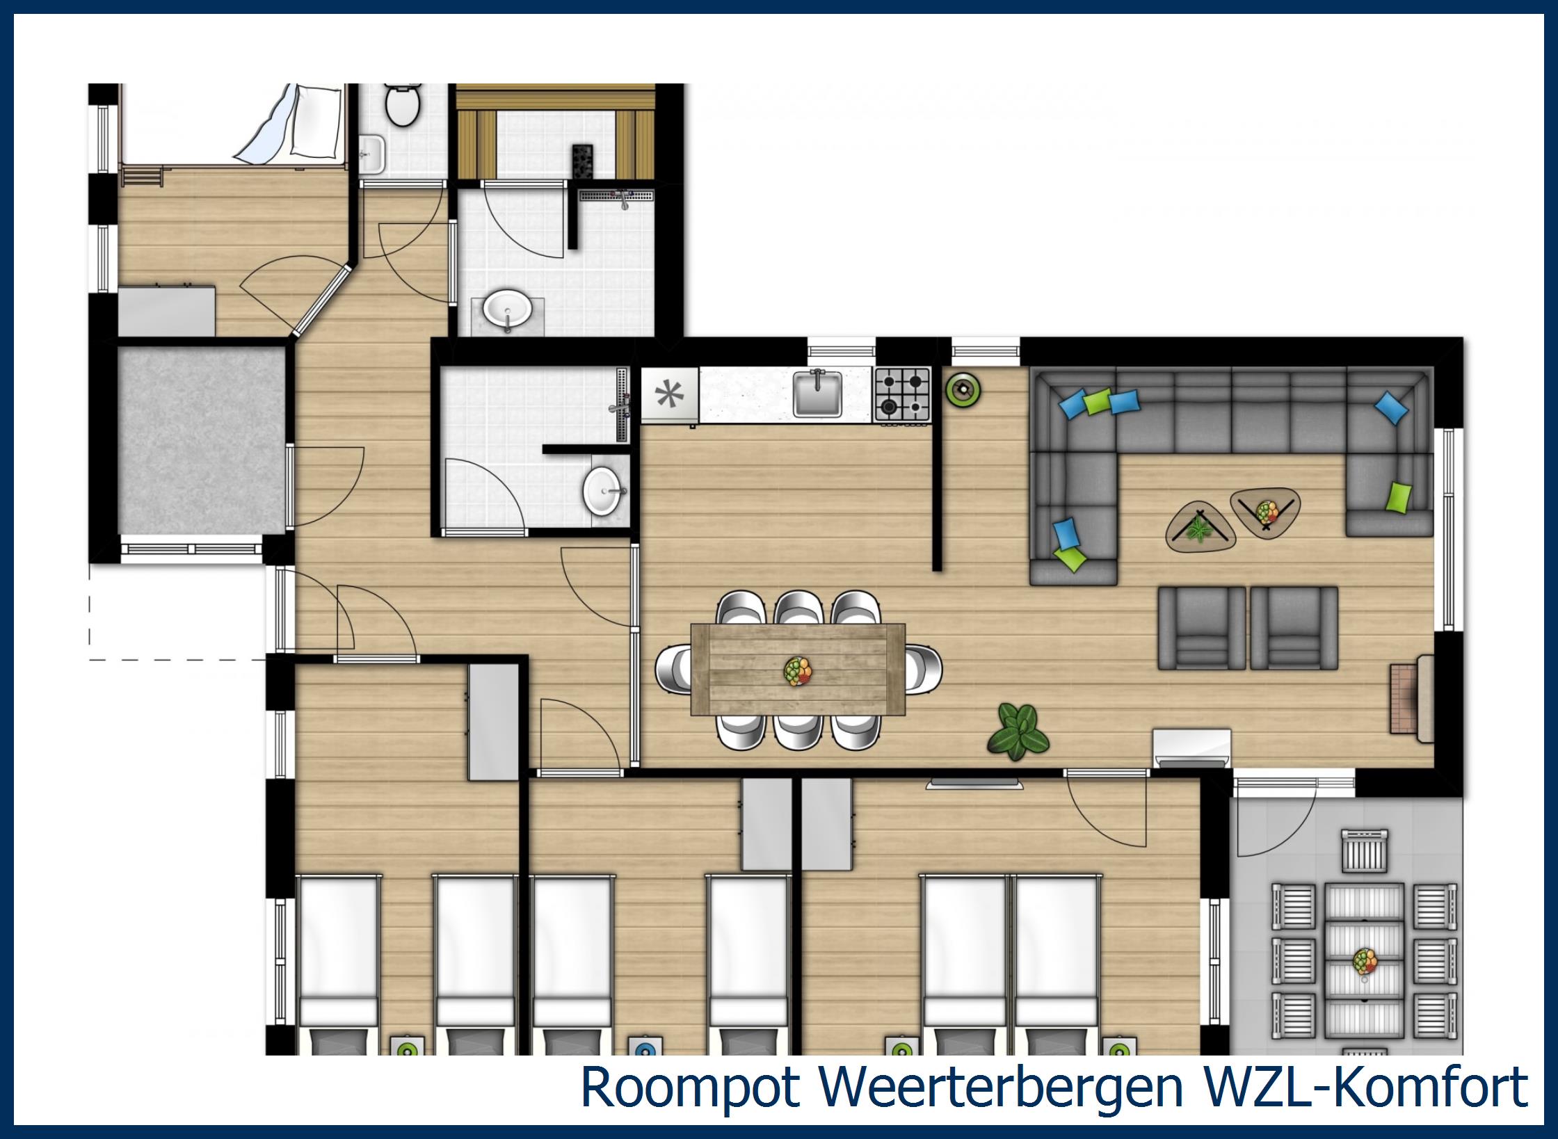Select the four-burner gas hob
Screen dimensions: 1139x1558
[x=902, y=394]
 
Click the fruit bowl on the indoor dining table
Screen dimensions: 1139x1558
[x=798, y=671]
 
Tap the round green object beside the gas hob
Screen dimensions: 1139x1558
[x=963, y=390]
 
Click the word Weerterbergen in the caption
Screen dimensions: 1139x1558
[x=1002, y=1088]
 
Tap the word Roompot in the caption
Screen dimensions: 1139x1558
[x=689, y=1088]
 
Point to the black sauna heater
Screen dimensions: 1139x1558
[x=581, y=162]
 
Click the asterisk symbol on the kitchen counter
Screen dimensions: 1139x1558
[x=669, y=395]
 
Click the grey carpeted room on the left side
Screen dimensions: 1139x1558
[x=202, y=441]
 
